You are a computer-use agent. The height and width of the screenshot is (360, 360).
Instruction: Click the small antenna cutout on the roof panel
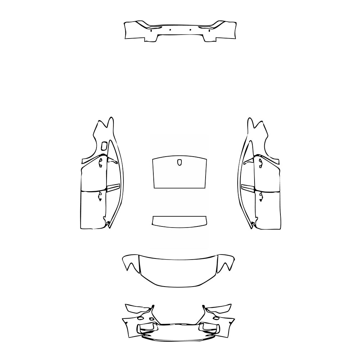(x=180, y=163)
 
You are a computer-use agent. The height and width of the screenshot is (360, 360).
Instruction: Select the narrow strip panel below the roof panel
(x=180, y=220)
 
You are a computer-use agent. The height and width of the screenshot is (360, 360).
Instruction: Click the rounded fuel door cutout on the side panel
(x=104, y=146)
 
